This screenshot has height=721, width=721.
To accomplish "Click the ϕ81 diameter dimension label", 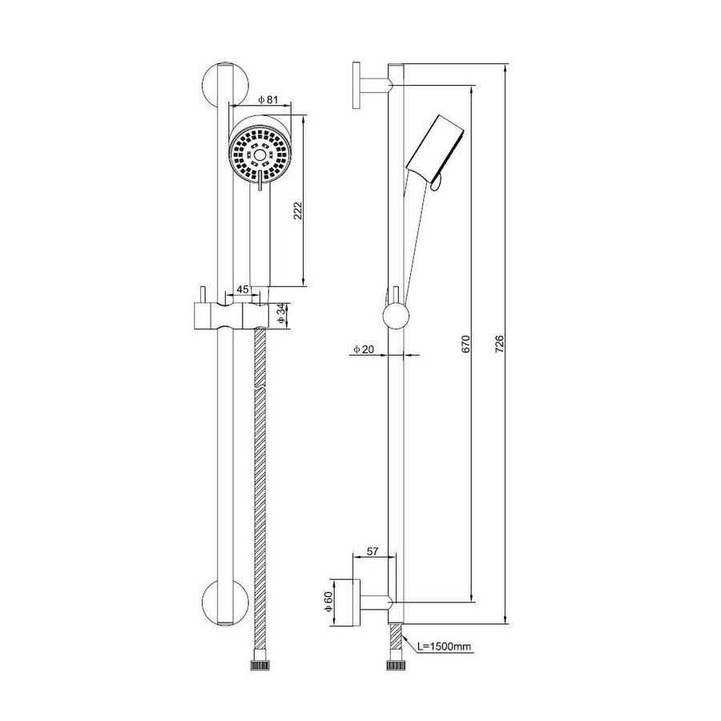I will coord(268,99).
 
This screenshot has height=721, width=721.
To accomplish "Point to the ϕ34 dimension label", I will coord(280,313).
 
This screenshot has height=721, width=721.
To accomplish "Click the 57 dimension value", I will coord(372,552).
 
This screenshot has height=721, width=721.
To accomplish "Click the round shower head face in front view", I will coord(258,153).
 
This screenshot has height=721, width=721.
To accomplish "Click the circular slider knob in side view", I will coord(396,316).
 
